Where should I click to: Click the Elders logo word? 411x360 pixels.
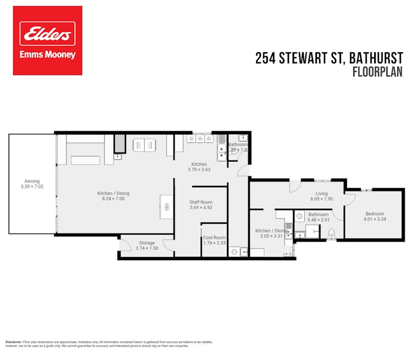pyautogui.click(x=48, y=35)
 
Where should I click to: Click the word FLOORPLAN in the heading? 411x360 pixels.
pyautogui.click(x=377, y=72)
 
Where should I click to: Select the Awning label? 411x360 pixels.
pyautogui.click(x=32, y=181)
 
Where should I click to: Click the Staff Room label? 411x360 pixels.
pyautogui.click(x=201, y=202)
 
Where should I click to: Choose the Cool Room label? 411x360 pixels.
pyautogui.click(x=214, y=238)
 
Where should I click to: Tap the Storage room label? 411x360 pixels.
pyautogui.click(x=147, y=243)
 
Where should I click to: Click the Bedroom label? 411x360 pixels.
pyautogui.click(x=374, y=213)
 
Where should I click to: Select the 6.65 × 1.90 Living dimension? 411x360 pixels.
pyautogui.click(x=321, y=199)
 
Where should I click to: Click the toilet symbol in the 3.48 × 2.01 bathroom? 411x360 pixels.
pyautogui.click(x=331, y=234)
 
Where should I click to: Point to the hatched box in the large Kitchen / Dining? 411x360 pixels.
pyautogui.click(x=120, y=145)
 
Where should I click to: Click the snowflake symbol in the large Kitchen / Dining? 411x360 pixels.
pyautogui.click(x=167, y=206)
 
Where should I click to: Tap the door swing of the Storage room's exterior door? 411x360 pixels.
pyautogui.click(x=124, y=246)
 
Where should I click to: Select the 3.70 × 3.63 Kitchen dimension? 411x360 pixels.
pyautogui.click(x=199, y=170)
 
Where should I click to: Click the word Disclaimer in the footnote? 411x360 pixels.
pyautogui.click(x=14, y=341)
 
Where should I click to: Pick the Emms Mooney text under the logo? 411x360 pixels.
pyautogui.click(x=48, y=55)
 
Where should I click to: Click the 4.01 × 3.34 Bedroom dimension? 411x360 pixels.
pyautogui.click(x=374, y=219)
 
